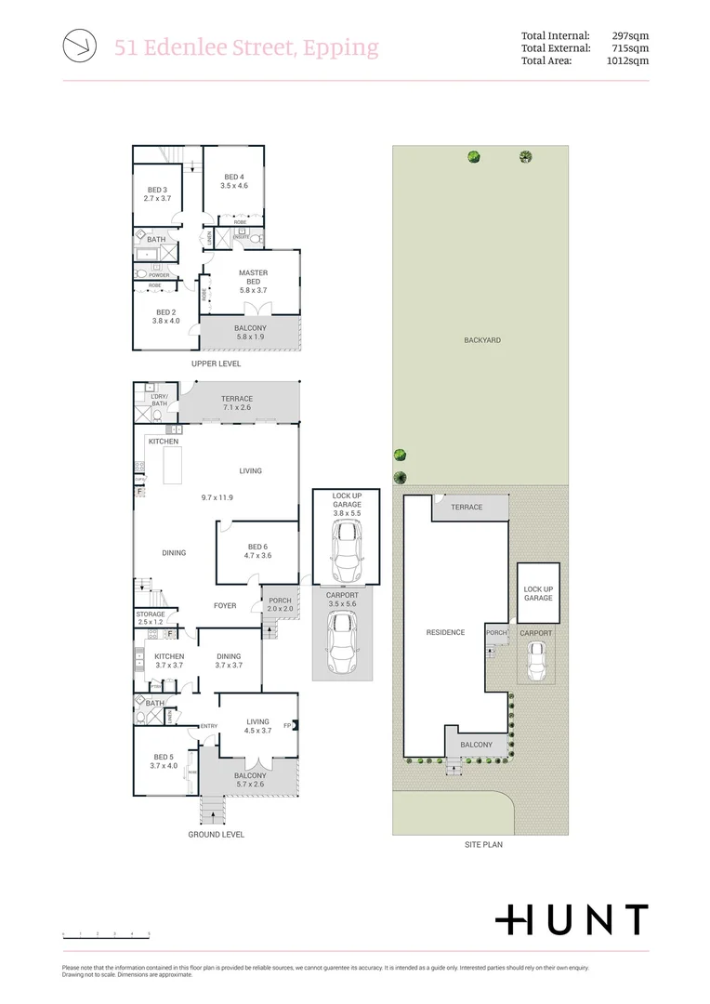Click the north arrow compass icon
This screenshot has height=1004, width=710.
(78, 46)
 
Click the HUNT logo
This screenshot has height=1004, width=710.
(571, 919)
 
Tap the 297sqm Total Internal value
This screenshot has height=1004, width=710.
(630, 36)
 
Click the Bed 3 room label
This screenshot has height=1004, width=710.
(157, 193)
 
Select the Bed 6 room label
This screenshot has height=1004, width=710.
(256, 551)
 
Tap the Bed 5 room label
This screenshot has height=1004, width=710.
(164, 761)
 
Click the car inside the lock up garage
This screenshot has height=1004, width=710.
(347, 550)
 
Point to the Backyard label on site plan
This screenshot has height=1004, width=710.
(481, 340)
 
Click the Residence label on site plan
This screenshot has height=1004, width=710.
(445, 632)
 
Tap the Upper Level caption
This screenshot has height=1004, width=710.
(217, 363)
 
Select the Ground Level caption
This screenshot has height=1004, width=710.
(217, 835)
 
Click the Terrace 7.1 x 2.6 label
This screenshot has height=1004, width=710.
(237, 403)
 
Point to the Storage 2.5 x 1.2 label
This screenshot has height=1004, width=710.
(151, 618)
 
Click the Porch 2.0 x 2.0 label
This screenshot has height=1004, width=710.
(279, 605)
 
